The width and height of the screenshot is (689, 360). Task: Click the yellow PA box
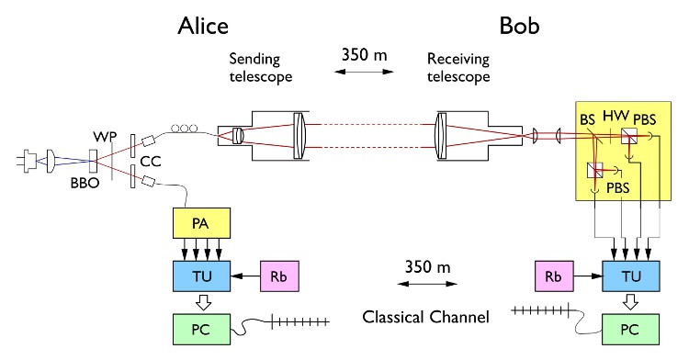point(202,223)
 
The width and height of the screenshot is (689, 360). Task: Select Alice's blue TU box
point(202,276)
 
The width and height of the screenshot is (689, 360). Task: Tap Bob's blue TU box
point(631,276)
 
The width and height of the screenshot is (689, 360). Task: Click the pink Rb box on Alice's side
point(279,276)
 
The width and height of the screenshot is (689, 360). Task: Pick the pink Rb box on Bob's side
point(554,276)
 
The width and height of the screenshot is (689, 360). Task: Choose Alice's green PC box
point(202,330)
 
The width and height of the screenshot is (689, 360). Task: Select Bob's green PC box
point(631,330)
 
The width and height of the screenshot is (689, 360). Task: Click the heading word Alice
point(203,26)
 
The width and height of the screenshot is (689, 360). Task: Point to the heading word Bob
point(519,26)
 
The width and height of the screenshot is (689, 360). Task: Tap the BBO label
point(85,183)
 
